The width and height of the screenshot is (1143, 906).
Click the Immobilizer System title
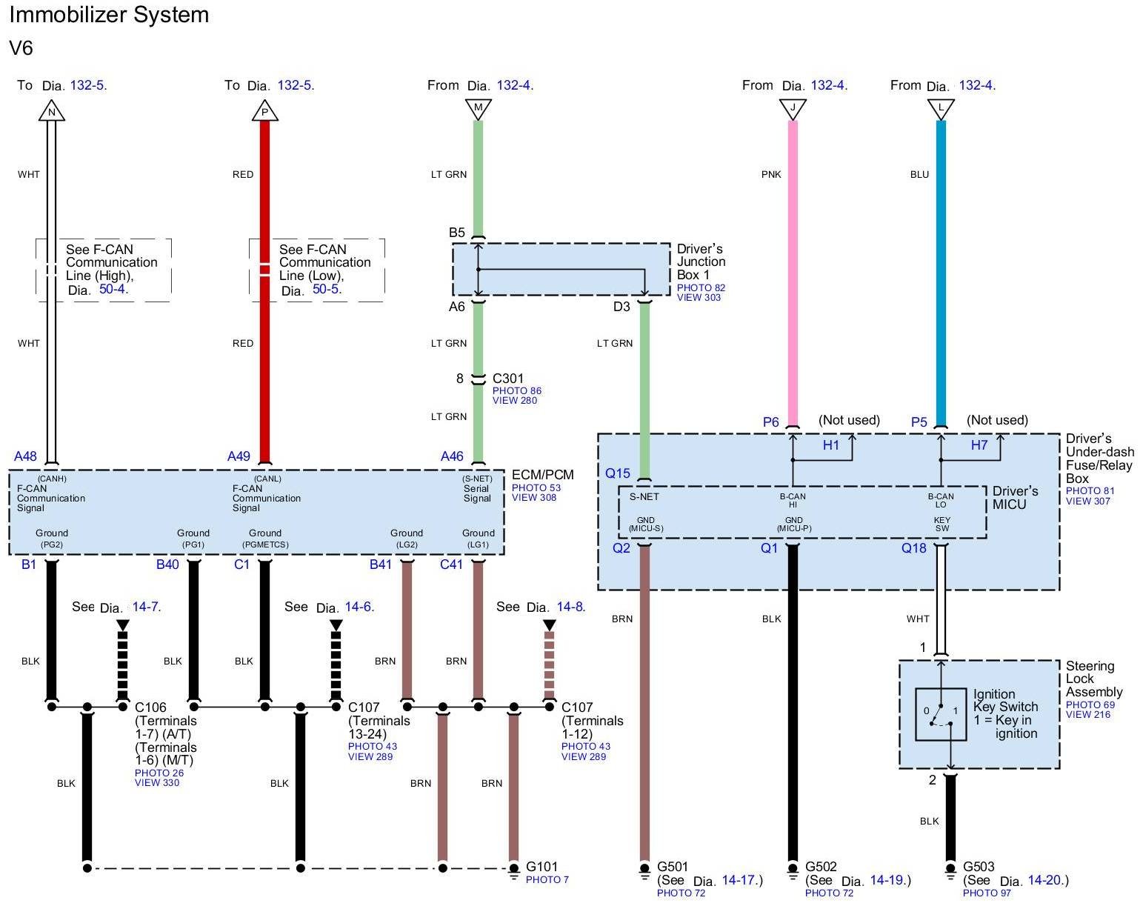tap(109, 16)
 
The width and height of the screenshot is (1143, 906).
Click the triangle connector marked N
tap(51, 112)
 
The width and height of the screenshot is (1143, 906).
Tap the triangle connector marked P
tap(264, 112)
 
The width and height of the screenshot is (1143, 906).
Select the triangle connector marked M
tap(478, 109)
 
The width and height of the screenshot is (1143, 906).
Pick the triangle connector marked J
tap(793, 109)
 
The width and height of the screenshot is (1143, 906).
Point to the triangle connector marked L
tap(941, 109)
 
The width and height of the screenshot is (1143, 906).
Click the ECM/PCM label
tap(542, 475)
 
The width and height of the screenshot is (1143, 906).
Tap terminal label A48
tap(25, 456)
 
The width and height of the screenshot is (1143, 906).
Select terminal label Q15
tap(618, 473)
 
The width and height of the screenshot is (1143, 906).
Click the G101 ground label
tap(541, 867)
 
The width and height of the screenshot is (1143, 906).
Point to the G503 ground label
tap(979, 867)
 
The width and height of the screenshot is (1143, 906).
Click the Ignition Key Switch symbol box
tap(941, 714)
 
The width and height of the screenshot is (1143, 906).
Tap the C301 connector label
tap(508, 379)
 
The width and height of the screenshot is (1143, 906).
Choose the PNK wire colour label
tap(771, 175)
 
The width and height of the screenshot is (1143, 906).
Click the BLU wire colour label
tap(919, 175)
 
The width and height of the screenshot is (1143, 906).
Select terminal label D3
tap(621, 307)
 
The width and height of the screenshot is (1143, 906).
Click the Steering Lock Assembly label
tap(1094, 679)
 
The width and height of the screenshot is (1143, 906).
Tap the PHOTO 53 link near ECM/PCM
tap(536, 487)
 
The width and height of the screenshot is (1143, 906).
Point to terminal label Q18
tap(913, 548)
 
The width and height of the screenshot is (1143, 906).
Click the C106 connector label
tap(150, 707)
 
